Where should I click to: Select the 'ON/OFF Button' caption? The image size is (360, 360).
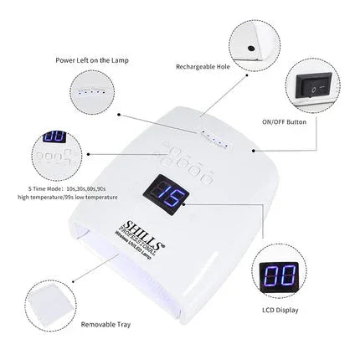[x=308, y=122]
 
